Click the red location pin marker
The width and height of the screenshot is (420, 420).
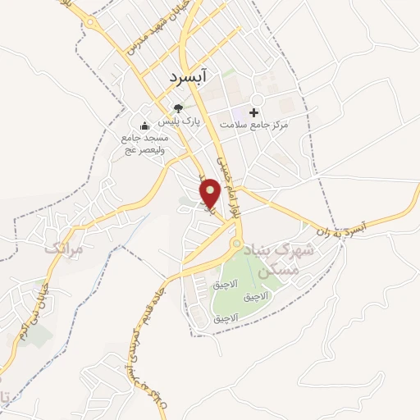[x=211, y=194]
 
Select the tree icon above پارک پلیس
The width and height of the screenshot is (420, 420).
[x=177, y=107]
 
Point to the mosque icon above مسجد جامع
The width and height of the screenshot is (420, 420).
[x=144, y=125]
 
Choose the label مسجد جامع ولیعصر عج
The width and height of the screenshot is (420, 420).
[x=144, y=144]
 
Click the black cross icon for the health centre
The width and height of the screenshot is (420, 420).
[x=253, y=112]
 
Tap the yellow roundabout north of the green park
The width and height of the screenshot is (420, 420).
[x=236, y=244]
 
